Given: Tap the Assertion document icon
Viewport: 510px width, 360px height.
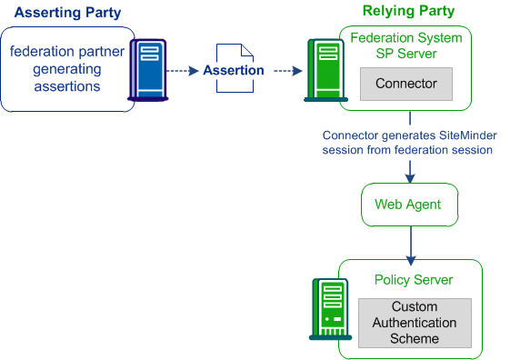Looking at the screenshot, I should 234,70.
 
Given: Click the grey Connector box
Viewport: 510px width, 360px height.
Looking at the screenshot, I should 406,84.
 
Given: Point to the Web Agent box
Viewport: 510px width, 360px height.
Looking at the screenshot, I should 407,205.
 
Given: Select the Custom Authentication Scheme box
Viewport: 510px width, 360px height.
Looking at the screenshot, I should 414,323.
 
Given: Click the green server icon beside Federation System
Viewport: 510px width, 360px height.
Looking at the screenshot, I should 322,69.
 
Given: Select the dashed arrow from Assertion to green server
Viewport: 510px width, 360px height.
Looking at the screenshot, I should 287,70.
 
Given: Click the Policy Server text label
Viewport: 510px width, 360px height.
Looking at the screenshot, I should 414,280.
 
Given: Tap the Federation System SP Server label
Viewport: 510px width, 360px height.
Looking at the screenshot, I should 406,45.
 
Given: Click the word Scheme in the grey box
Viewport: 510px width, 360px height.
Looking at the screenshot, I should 414,338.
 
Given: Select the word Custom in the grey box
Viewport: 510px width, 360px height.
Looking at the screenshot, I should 414,307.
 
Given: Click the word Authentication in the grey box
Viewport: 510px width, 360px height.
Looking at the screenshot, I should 414,323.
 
